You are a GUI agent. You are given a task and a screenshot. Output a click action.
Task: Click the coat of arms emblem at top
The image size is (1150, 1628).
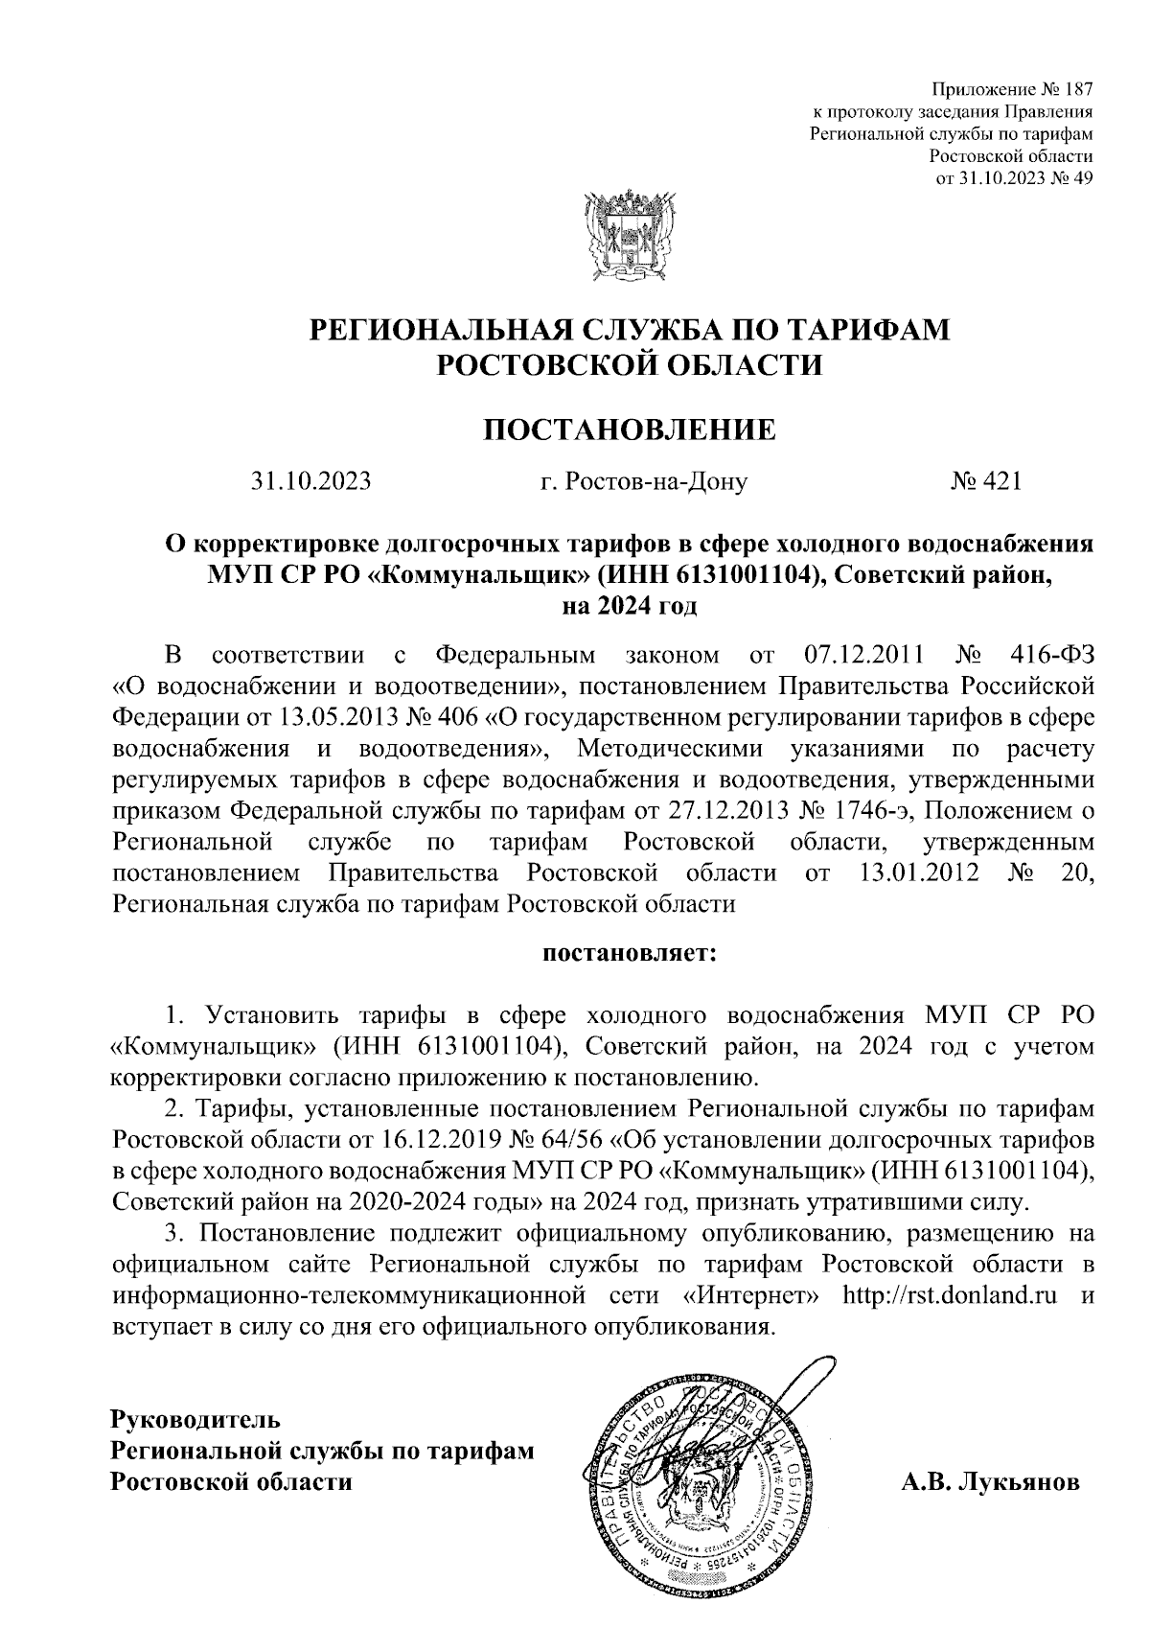click(x=629, y=236)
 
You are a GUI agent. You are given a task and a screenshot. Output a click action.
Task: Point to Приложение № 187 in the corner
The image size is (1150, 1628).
click(x=1018, y=90)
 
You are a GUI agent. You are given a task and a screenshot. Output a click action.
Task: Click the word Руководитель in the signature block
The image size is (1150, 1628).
click(x=195, y=1417)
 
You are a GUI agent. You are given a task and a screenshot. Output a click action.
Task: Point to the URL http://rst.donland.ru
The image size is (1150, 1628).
click(x=949, y=1296)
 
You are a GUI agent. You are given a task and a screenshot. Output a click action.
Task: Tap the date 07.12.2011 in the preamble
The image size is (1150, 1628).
click(x=860, y=656)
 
